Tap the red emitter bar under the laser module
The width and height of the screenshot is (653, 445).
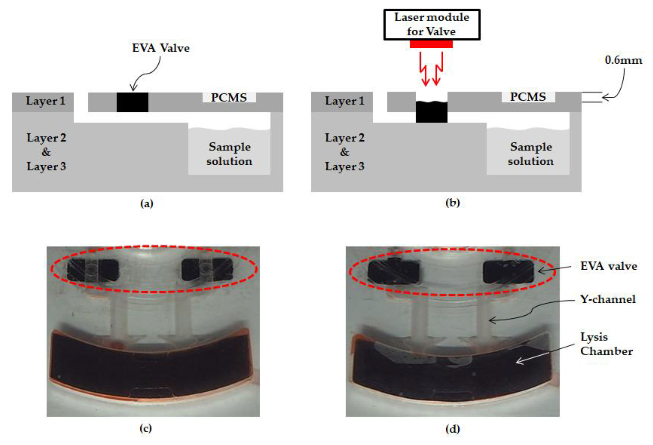(x=431, y=44)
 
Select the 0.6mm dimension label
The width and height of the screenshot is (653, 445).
(x=623, y=60)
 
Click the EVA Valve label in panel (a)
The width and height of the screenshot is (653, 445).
(x=161, y=48)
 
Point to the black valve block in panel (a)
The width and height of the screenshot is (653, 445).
(x=132, y=102)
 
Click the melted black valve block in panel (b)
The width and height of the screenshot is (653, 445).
(x=431, y=112)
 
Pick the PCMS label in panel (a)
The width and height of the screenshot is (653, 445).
(x=229, y=97)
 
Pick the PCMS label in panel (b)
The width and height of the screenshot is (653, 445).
(x=528, y=97)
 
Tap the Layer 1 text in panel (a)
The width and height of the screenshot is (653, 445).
(x=46, y=101)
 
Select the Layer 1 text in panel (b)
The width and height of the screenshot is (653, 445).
(x=345, y=101)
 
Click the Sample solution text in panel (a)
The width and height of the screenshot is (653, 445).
(x=229, y=154)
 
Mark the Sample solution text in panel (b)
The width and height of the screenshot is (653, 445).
(x=531, y=154)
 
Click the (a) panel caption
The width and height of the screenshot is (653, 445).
(x=147, y=203)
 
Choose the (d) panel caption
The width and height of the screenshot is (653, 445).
(x=452, y=429)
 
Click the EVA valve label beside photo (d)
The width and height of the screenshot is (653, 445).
(x=609, y=266)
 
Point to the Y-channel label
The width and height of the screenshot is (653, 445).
(x=608, y=299)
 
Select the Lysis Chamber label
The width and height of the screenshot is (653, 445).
(x=606, y=344)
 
